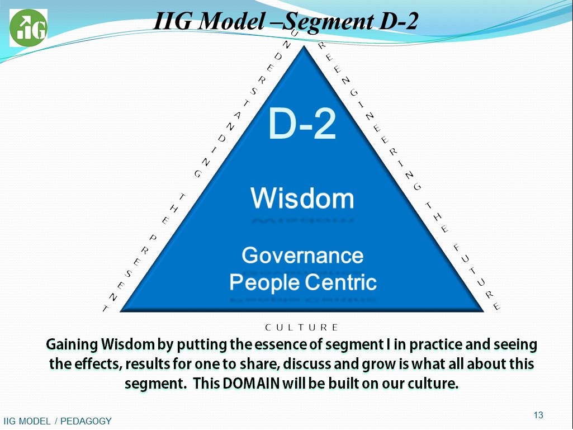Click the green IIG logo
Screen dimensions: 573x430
click(x=28, y=28)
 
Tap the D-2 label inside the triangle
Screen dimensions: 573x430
click(x=302, y=124)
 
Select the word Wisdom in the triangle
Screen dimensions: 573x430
click(x=302, y=198)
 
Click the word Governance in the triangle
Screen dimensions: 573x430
click(x=302, y=255)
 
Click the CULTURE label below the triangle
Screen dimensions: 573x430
click(x=302, y=327)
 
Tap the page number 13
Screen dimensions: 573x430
click(x=538, y=415)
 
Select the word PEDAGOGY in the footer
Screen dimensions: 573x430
click(x=86, y=421)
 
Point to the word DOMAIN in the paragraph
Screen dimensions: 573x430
click(x=250, y=383)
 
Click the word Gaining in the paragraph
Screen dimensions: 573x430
click(x=72, y=344)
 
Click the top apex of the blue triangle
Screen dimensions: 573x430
click(x=304, y=46)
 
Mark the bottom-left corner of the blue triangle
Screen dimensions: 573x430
click(x=121, y=311)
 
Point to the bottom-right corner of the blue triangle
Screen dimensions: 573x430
click(x=484, y=311)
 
